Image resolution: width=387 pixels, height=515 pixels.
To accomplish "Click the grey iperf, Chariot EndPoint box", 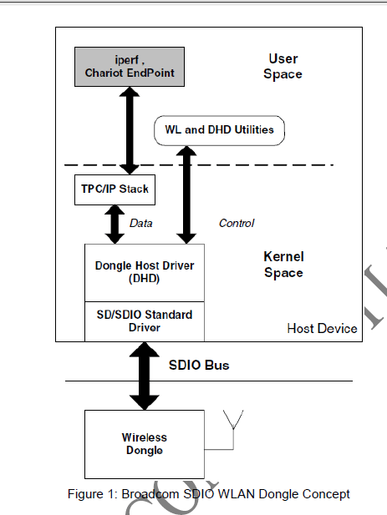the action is click(x=130, y=67).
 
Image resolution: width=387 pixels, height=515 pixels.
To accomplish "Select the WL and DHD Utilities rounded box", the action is click(x=219, y=130).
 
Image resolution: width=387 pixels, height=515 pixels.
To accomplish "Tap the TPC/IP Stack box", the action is click(x=115, y=189).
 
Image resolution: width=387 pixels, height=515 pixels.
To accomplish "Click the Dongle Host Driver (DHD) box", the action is click(x=145, y=273).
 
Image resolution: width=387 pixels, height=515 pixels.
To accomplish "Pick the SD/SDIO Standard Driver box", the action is click(x=145, y=321).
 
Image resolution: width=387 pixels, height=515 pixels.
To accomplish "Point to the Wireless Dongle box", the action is click(x=145, y=444).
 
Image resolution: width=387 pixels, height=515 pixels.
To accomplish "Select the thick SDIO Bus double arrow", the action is click(x=145, y=376).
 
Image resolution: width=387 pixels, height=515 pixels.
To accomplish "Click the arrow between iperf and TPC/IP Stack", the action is click(x=130, y=130).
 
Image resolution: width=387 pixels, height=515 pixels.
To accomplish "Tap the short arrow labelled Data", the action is click(x=115, y=225).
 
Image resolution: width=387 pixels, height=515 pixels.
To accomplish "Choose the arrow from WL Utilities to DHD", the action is click(x=186, y=194).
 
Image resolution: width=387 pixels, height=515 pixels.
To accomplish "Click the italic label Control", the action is click(x=237, y=224).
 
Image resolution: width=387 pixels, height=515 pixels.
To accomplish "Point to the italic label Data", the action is click(x=141, y=224).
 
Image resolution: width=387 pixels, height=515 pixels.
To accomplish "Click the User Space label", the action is click(x=283, y=67).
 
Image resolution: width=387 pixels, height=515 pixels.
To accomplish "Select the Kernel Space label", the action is click(x=283, y=265).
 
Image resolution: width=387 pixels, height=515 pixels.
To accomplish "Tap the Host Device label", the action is click(x=323, y=328).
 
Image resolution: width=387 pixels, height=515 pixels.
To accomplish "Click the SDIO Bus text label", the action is click(x=199, y=366).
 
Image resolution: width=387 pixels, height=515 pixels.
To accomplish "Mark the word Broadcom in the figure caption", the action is click(x=150, y=494).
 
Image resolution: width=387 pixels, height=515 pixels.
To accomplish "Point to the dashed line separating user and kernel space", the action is click(x=199, y=165).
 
